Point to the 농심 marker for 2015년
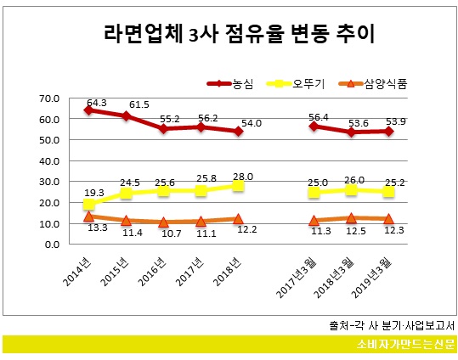(126, 115)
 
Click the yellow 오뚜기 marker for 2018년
(238, 185)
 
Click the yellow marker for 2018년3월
(351, 189)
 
